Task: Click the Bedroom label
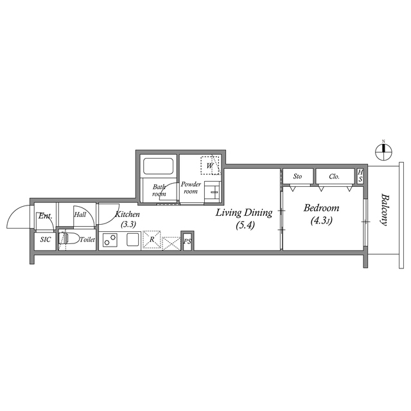pos(321,208)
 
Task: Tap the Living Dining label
pos(244,213)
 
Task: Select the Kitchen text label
pos(128,214)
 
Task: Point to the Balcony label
pos(384,210)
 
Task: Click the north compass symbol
pos(384,152)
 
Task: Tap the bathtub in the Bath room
pos(158,166)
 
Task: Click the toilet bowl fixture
pos(69,239)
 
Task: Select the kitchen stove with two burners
pos(110,240)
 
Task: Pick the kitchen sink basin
pos(133,240)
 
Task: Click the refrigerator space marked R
pos(152,240)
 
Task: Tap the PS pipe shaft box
pos(187,241)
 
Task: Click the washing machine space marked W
pos(210,166)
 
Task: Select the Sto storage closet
pos(298,177)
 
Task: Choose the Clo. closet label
pos(334,177)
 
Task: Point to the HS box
pos(360,176)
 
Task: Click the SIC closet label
pos(46,240)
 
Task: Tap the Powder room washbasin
pos(212,191)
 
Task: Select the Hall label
pos(80,215)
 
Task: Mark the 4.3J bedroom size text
pos(321,221)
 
